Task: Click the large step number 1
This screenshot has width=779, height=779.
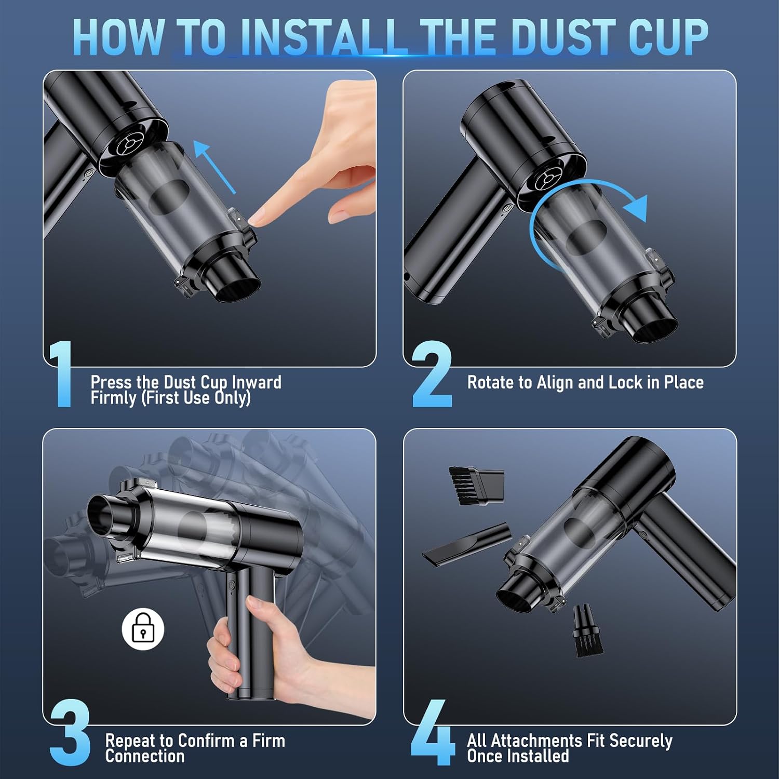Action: pyautogui.click(x=61, y=374)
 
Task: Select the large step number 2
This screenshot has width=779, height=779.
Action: pyautogui.click(x=432, y=374)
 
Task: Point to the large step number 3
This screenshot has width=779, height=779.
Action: pyautogui.click(x=70, y=732)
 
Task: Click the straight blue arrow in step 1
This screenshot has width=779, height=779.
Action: pyautogui.click(x=214, y=166)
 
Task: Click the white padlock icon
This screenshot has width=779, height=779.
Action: pyautogui.click(x=143, y=628)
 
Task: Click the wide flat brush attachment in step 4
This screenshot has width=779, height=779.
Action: pyautogui.click(x=476, y=486)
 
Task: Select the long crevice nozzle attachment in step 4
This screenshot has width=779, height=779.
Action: pyautogui.click(x=466, y=542)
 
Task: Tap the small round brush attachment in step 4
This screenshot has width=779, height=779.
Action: pyautogui.click(x=587, y=631)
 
